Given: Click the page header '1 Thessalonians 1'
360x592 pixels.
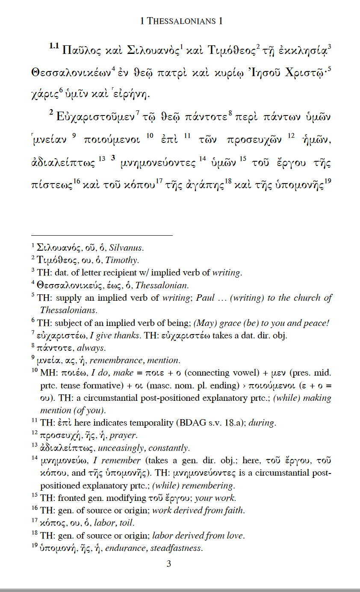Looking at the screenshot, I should click(181, 21).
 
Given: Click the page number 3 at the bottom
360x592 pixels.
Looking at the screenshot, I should click(169, 564).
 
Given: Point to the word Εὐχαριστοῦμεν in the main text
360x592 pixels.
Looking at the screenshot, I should click(98, 117).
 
